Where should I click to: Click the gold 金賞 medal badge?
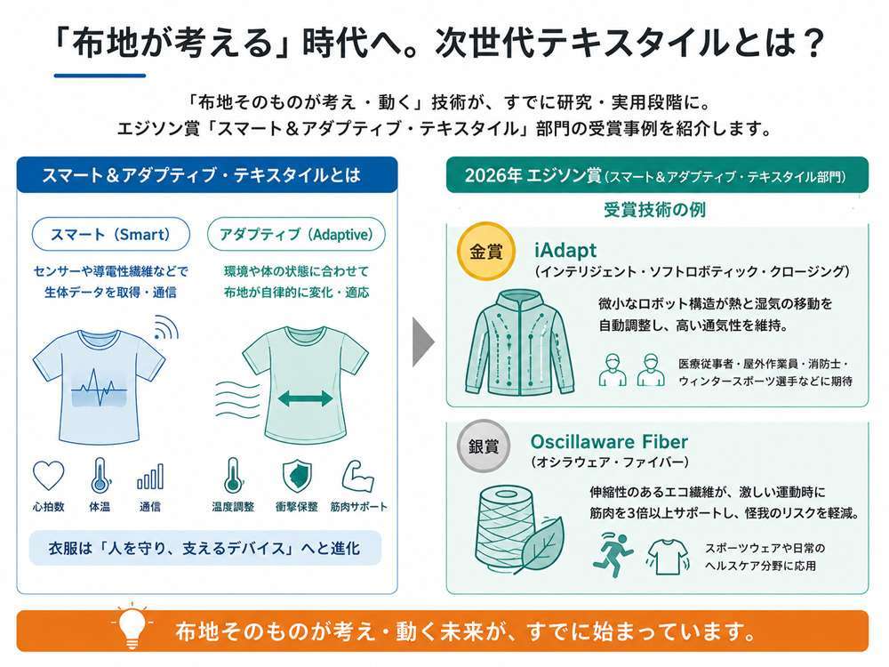(x=486, y=252)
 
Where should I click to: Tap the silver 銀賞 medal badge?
(x=484, y=446)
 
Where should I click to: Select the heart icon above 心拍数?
(x=49, y=475)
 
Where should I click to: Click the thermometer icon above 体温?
(x=100, y=475)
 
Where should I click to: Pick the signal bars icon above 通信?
(x=150, y=477)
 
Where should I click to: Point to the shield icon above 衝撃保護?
(x=297, y=476)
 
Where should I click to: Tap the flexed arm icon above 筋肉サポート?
(x=357, y=475)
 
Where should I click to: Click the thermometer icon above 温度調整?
(x=232, y=475)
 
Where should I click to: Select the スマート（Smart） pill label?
(x=110, y=234)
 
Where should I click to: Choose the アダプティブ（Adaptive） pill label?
(x=296, y=234)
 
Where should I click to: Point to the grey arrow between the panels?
(x=423, y=342)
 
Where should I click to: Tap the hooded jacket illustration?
(x=520, y=343)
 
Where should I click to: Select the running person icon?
(x=613, y=555)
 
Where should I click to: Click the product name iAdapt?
(x=565, y=250)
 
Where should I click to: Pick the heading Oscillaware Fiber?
(x=609, y=441)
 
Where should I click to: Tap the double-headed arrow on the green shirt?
(x=305, y=398)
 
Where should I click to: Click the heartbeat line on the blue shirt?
(x=100, y=388)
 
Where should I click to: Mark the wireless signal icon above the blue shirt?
(x=165, y=327)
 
